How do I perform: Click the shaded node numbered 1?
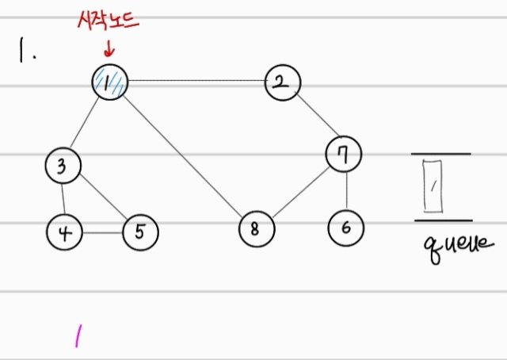coord(109,82)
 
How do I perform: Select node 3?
coord(63,166)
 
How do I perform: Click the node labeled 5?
coord(140,232)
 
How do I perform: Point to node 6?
coord(346,228)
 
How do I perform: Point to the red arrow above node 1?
coord(109,48)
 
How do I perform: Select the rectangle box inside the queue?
coord(433,186)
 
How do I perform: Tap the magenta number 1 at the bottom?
coord(78,337)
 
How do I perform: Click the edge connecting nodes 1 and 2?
coord(194,81)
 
